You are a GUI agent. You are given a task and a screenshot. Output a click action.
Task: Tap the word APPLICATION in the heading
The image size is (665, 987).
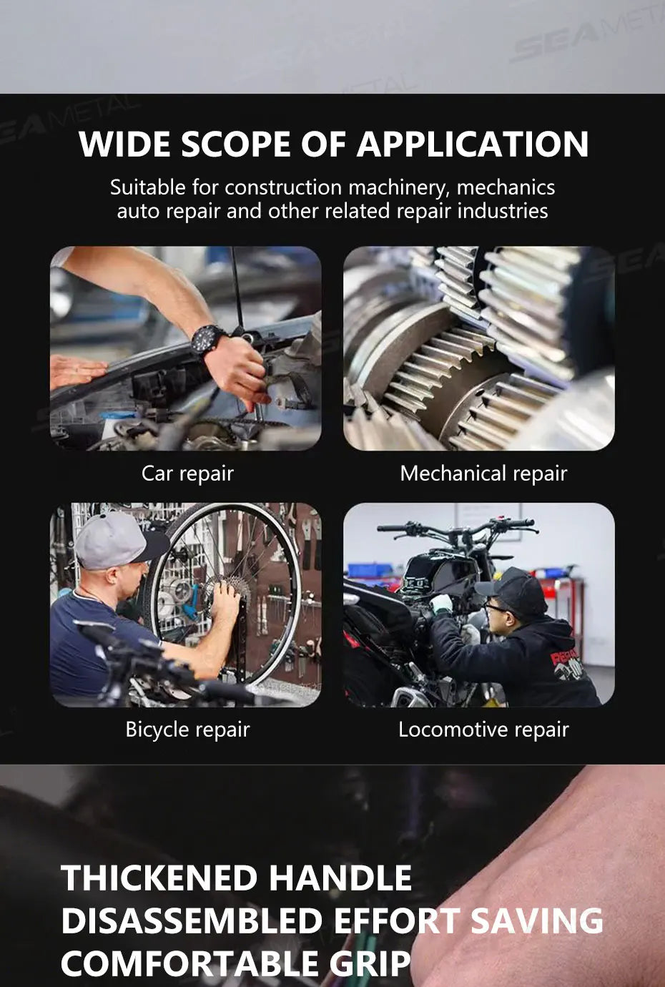(x=473, y=144)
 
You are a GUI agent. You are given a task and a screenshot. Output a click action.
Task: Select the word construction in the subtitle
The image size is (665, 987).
(x=283, y=187)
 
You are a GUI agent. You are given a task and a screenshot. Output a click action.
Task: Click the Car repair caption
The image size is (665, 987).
(x=187, y=474)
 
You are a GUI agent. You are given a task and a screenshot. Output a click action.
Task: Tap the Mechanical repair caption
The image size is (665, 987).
(x=483, y=474)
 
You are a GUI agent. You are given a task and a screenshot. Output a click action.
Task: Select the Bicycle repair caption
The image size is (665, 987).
(x=187, y=730)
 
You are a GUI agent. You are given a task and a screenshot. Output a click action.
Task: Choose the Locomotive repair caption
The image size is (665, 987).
(x=483, y=730)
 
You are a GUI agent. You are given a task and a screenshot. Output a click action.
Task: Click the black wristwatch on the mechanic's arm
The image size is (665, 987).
(x=208, y=340)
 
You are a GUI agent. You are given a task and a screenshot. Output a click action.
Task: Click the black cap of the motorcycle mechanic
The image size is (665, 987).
(x=513, y=591)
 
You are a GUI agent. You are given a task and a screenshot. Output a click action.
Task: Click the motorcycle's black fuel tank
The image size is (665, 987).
(x=438, y=572)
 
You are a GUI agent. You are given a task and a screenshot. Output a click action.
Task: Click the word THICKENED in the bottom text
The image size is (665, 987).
(x=159, y=878)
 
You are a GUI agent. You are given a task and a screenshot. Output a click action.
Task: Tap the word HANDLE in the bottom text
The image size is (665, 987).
(x=340, y=878)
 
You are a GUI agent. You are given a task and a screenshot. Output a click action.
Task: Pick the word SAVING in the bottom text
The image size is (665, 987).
(x=537, y=920)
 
